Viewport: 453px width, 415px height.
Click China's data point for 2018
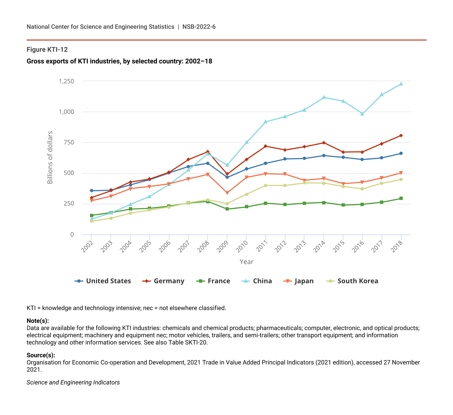[401, 84]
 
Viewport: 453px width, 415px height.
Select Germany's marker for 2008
[208, 152]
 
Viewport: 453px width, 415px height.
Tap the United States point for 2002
[91, 191]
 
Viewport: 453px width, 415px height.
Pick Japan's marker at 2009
[227, 193]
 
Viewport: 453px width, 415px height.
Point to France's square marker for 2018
[401, 198]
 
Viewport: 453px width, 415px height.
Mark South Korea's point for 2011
[266, 186]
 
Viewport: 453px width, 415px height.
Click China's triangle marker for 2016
[362, 114]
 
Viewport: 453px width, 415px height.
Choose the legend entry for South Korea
[352, 281]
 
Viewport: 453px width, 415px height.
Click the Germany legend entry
[163, 281]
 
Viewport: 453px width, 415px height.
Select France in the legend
[213, 281]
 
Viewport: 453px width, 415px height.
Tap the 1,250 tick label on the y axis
[66, 81]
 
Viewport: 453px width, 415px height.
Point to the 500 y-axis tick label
[69, 173]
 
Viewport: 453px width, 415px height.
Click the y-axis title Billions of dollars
[50, 158]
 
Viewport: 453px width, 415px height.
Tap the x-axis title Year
[246, 262]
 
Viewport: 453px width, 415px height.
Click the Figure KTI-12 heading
[47, 50]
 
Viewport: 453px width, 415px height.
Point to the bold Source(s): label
[41, 355]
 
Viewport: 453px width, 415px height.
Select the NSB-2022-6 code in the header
[199, 27]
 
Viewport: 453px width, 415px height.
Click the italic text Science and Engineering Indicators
[73, 382]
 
